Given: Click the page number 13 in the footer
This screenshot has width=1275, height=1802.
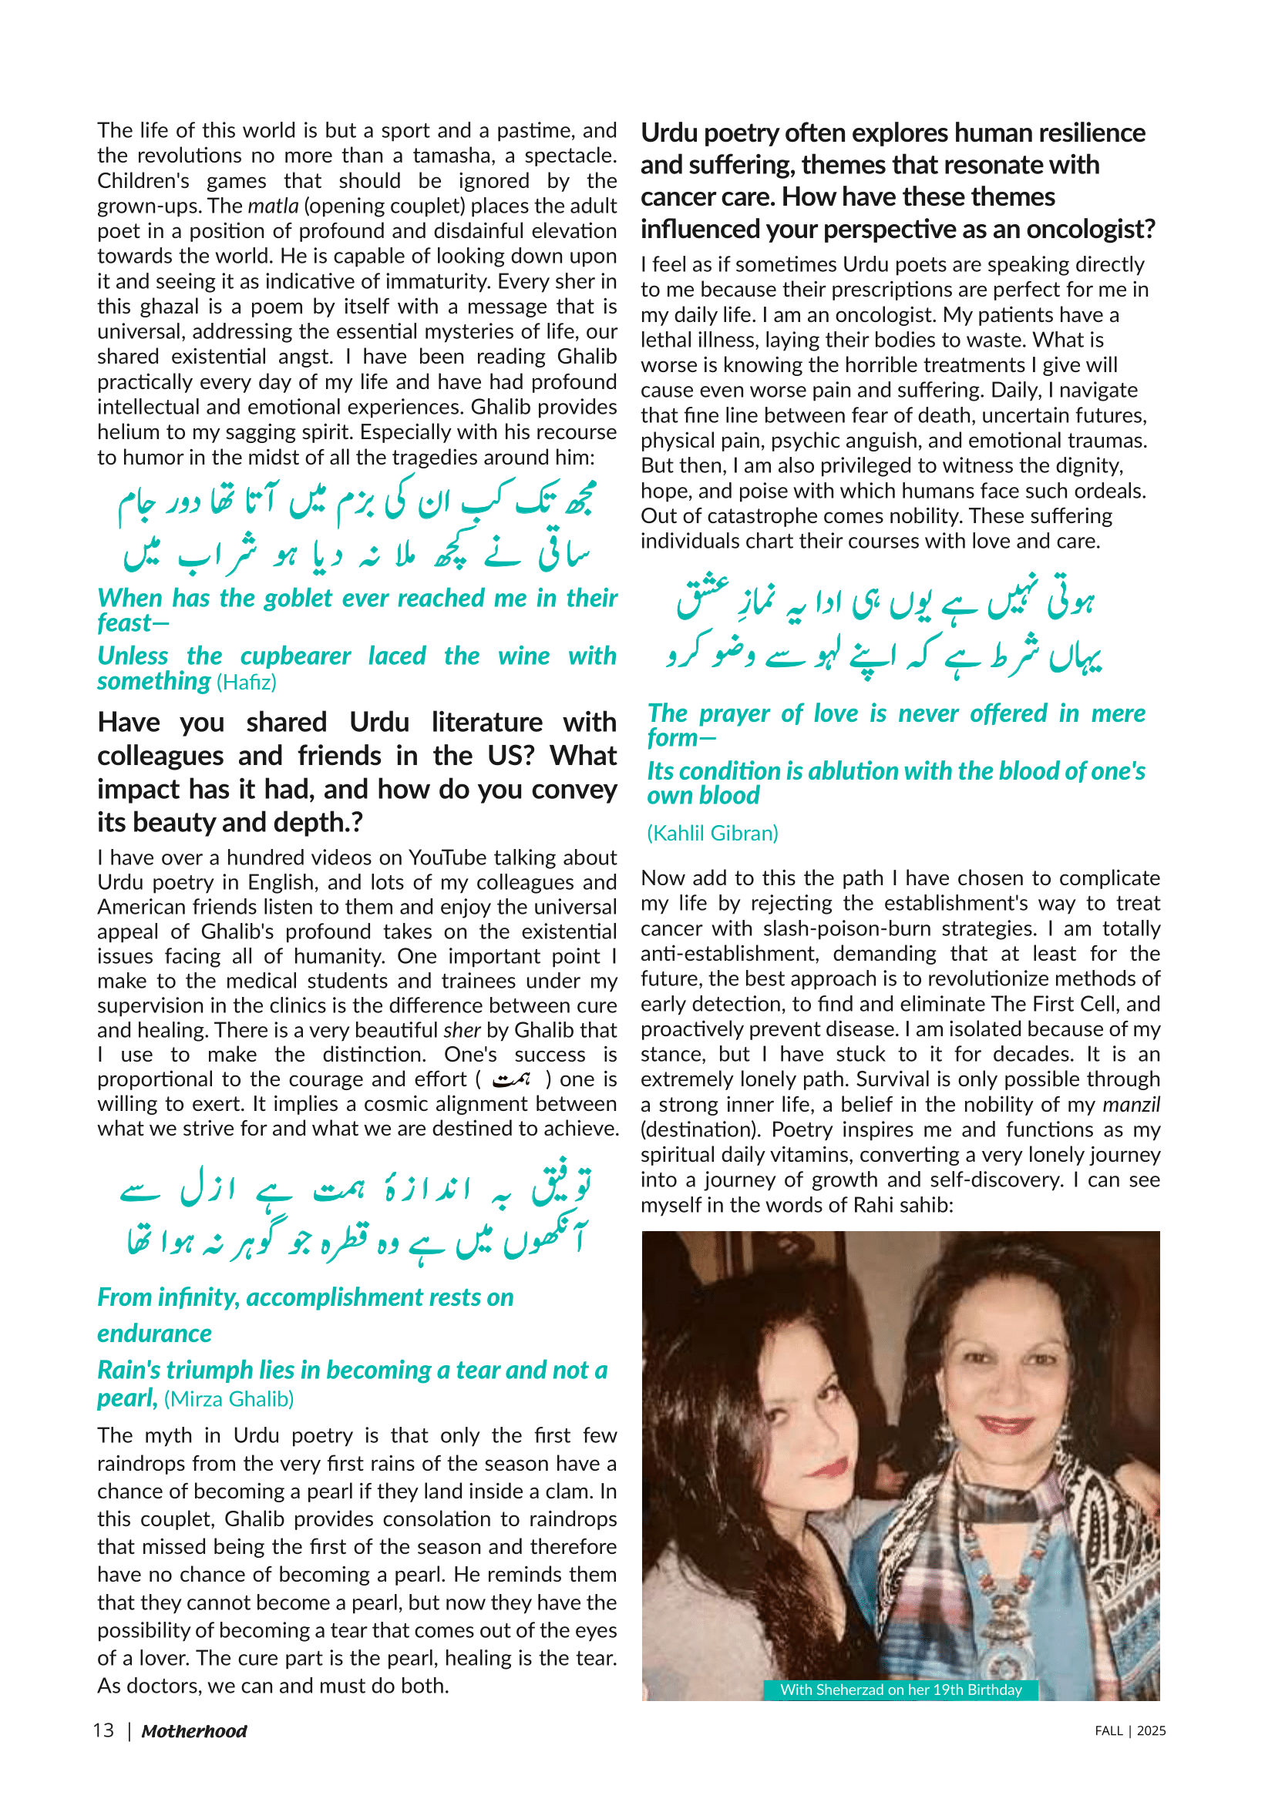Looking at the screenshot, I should click(103, 1730).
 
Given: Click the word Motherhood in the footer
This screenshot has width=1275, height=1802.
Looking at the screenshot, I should click(194, 1731).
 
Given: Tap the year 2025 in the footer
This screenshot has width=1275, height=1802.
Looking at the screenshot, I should click(1151, 1731).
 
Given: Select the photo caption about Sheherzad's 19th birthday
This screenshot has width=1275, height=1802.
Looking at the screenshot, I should click(900, 1690).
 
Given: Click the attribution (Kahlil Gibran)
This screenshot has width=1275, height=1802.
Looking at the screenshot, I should click(712, 833).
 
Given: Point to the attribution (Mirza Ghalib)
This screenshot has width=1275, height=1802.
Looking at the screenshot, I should click(228, 1398).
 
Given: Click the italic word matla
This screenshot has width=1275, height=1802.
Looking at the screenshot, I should click(272, 206).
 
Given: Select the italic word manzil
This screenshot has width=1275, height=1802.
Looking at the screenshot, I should click(1131, 1104).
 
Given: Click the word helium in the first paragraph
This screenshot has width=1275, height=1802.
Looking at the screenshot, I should click(123, 432).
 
